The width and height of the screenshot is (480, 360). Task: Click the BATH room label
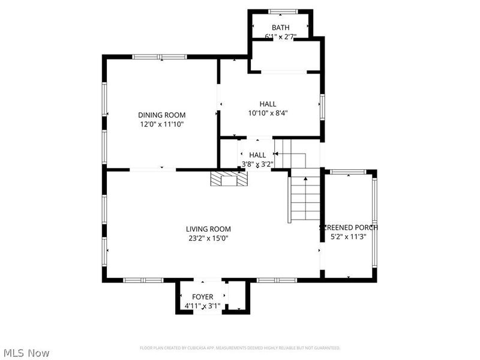[280, 28]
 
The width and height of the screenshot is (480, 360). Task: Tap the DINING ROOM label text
[161, 115]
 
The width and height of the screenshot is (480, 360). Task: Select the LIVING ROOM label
[208, 229]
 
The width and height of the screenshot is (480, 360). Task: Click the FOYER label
[202, 297]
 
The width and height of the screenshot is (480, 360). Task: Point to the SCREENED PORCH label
[349, 227]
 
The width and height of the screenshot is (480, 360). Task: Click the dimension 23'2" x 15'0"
[208, 238]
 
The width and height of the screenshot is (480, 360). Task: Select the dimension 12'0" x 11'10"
[161, 125]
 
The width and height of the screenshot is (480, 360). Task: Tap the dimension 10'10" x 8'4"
[268, 113]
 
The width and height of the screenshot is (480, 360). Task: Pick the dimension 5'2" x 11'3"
[349, 237]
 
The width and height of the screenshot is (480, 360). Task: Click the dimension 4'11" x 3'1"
[202, 307]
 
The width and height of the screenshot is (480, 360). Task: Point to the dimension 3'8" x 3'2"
[257, 164]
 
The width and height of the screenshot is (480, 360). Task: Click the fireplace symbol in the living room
[228, 178]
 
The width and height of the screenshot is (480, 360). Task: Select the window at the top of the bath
[280, 11]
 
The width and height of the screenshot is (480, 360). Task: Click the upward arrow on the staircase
[305, 178]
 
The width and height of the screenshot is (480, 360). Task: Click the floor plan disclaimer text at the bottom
[240, 348]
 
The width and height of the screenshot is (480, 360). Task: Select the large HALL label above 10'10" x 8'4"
[268, 104]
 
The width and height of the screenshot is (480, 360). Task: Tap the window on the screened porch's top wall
[349, 172]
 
